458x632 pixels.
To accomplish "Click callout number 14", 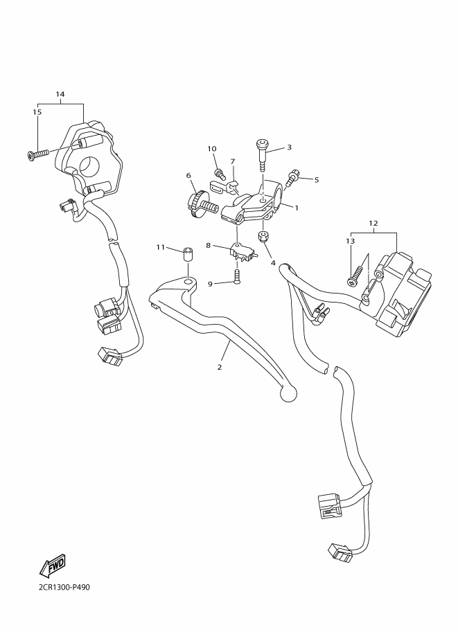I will tap(60, 93).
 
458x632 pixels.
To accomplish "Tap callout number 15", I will tap(37, 111).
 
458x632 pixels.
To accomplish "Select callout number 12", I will tap(373, 224).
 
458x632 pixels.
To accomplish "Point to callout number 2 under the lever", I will tap(220, 367).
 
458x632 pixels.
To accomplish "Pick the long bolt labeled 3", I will tap(263, 156).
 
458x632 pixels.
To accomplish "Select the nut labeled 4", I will tap(263, 237).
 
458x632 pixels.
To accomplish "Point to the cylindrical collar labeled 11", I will tap(187, 253).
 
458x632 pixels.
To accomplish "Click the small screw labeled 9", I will tap(237, 279).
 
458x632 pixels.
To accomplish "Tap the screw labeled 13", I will tap(355, 274).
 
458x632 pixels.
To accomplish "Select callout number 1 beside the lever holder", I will tap(296, 207).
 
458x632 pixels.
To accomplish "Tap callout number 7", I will tap(232, 162).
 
